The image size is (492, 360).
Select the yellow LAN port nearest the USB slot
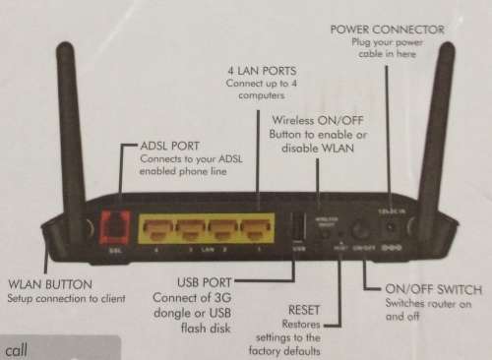[257, 231]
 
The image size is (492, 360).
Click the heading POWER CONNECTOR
[389, 30]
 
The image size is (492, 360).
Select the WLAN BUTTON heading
[49, 284]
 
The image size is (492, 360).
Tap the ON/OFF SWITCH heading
[434, 290]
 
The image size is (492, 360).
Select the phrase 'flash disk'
[209, 328]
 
